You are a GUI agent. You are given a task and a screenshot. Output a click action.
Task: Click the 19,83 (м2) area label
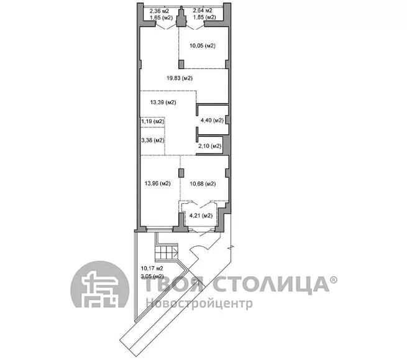tap(180, 78)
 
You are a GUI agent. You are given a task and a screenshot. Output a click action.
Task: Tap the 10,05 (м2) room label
tap(203, 46)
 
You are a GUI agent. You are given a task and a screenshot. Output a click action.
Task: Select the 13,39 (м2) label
tap(163, 103)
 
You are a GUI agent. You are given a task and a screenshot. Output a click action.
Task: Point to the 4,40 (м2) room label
tap(212, 120)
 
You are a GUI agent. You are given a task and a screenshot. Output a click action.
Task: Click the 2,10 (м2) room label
tap(210, 146)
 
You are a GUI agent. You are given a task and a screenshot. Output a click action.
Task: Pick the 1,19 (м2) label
tap(153, 121)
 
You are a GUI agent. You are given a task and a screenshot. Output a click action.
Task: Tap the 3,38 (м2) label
tap(153, 141)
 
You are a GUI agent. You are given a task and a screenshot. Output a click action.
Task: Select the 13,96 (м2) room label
tap(158, 183)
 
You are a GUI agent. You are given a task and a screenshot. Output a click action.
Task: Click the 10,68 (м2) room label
tap(203, 183)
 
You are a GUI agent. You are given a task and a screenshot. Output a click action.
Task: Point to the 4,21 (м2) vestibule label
tap(201, 215)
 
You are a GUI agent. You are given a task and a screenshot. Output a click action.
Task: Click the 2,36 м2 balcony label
tap(159, 11)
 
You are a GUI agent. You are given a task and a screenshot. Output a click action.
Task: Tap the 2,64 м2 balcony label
tap(203, 11)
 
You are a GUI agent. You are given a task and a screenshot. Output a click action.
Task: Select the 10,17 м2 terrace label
tap(152, 269)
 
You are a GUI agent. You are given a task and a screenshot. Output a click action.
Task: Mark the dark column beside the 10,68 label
tap(181, 173)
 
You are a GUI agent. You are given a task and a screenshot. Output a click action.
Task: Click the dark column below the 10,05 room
tap(181, 64)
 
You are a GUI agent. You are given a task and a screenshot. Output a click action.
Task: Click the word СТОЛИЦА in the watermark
tap(271, 284)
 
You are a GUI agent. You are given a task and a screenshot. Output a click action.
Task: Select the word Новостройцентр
tap(199, 303)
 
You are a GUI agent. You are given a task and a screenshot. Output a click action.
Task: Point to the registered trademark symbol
tap(334, 280)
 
